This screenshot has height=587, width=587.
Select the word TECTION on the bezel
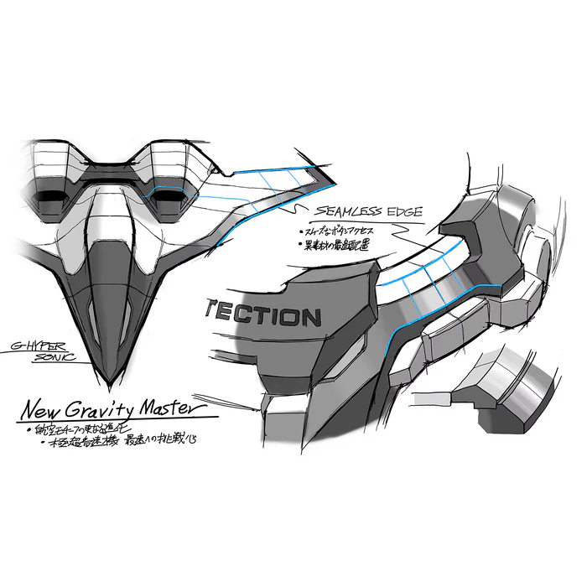(x=261, y=317)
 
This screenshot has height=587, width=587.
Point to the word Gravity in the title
(x=110, y=411)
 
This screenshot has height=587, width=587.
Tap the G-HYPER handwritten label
(x=39, y=345)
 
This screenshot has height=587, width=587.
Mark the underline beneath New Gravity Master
(x=117, y=419)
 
